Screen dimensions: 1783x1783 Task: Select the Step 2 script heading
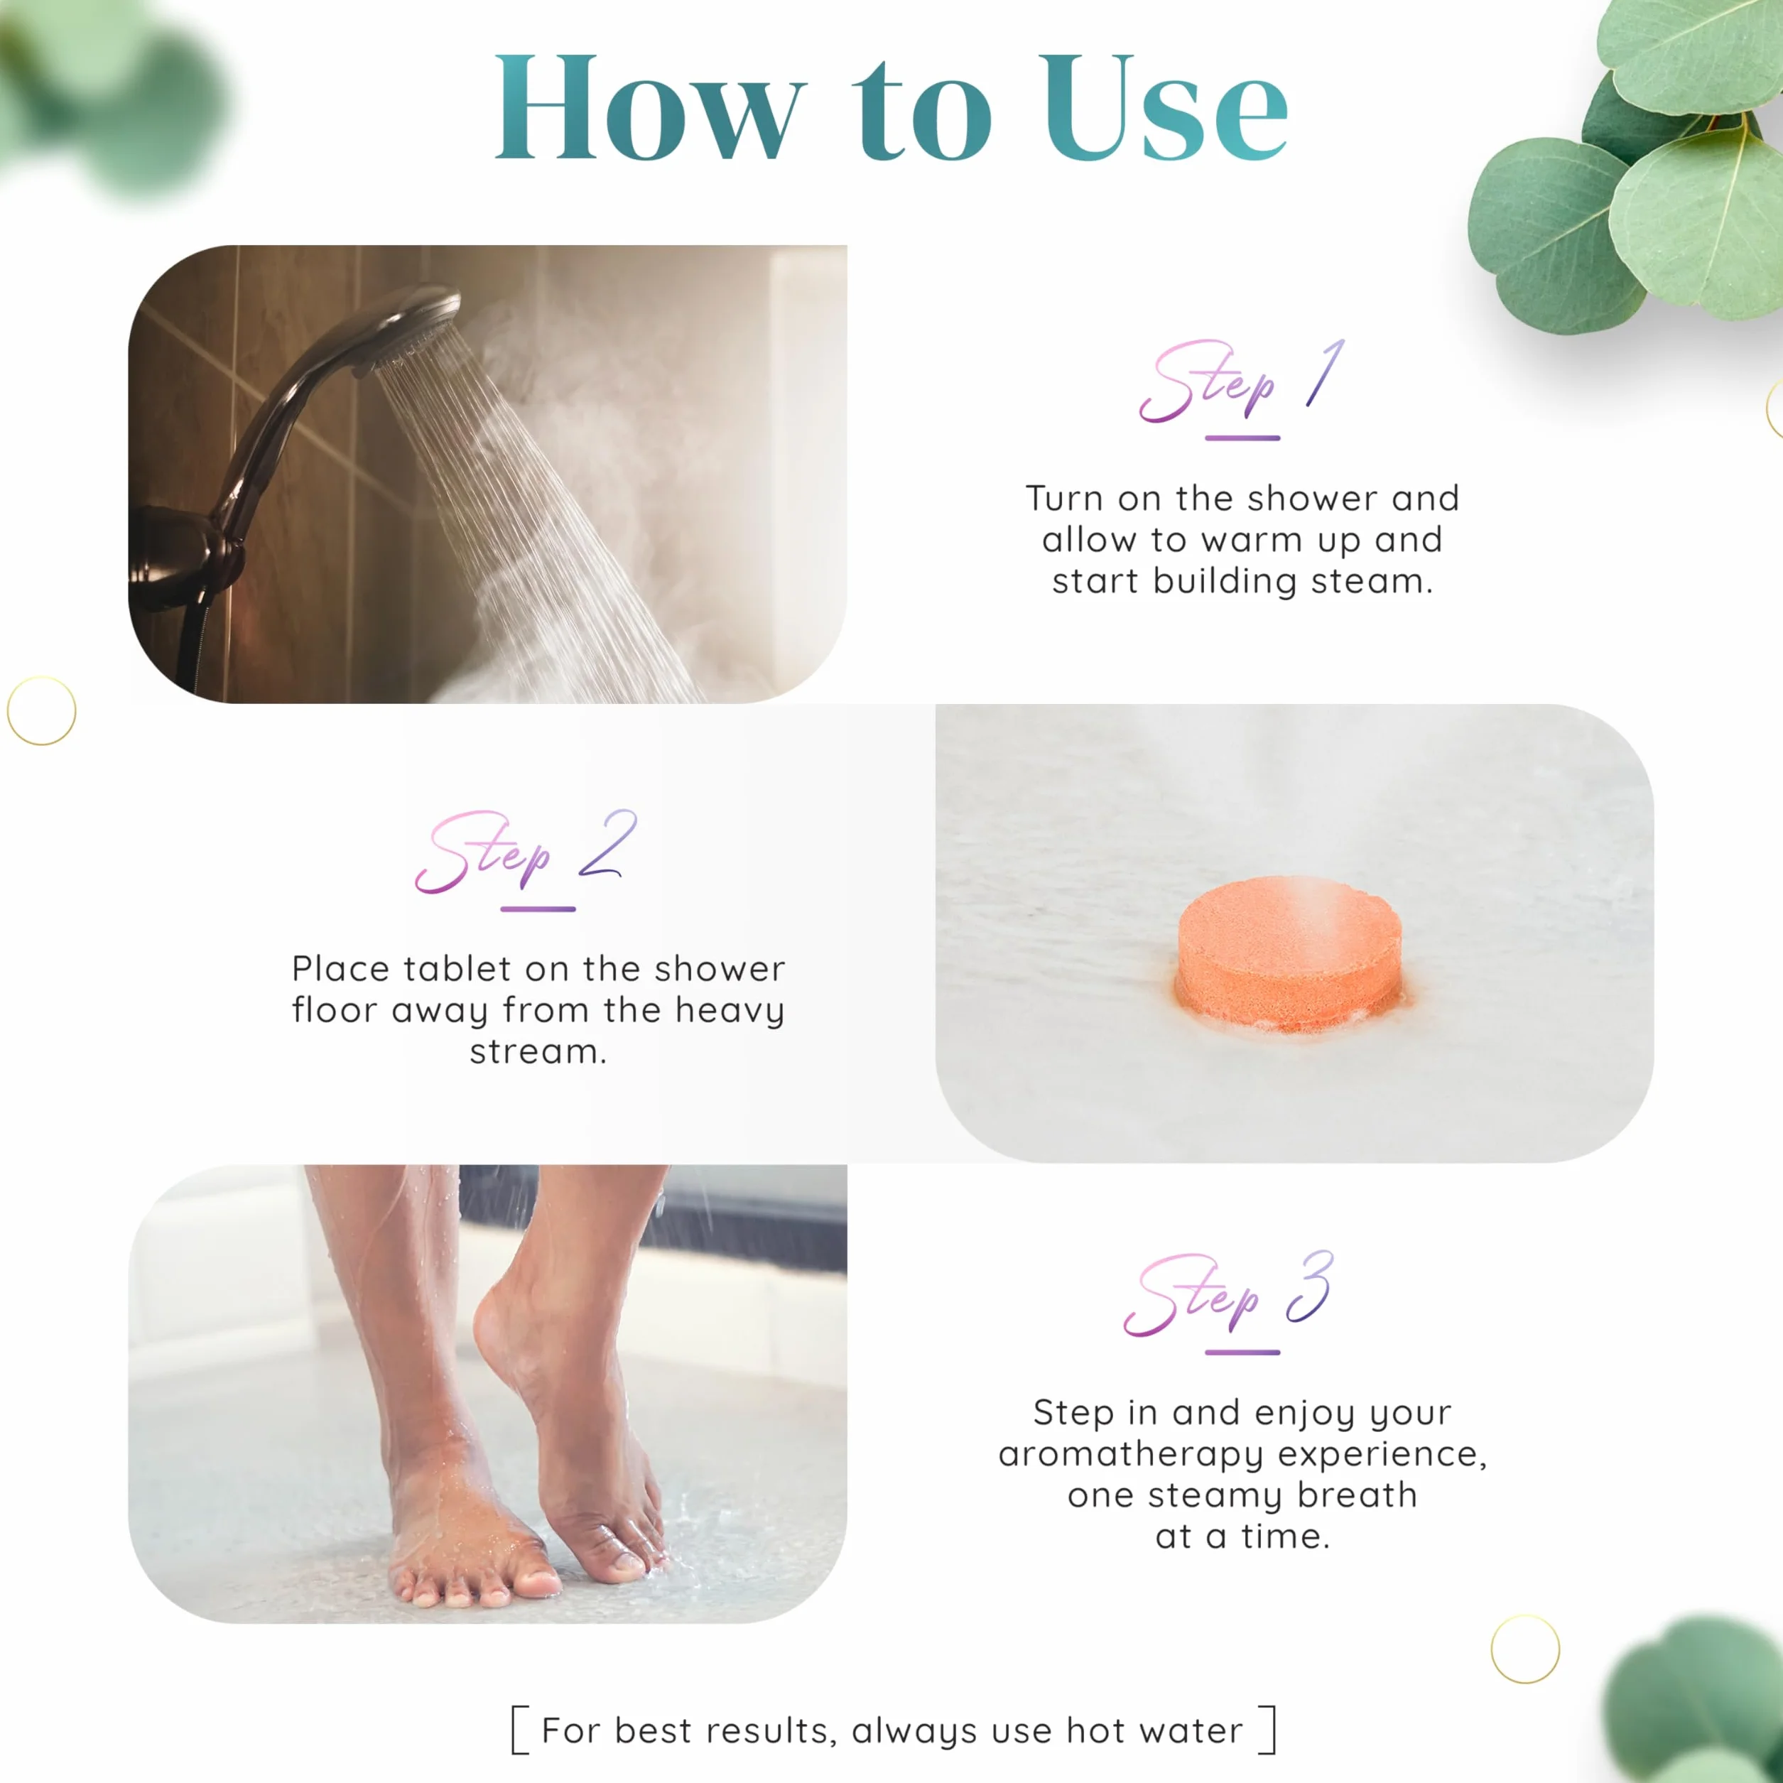(525, 851)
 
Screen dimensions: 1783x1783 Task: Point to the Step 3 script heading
(1228, 1293)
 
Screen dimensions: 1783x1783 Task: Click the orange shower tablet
(1289, 956)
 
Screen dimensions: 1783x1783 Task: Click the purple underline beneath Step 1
(1242, 438)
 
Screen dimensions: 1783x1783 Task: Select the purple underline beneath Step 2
(538, 909)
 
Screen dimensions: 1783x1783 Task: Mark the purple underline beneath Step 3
(1242, 1352)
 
